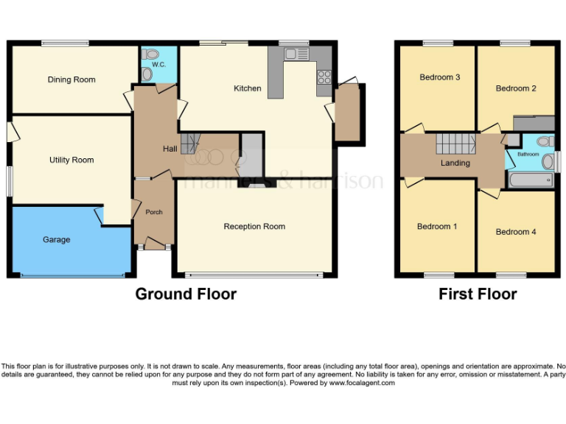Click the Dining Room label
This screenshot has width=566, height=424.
coord(71,79)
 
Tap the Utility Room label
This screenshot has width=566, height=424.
coord(71,160)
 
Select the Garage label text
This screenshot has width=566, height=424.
coord(56,239)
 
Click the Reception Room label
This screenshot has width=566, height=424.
coord(254,226)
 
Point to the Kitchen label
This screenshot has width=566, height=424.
coord(247,88)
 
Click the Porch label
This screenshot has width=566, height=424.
coord(154,212)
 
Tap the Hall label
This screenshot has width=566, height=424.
coord(170,149)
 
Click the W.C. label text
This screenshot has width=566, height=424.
coord(158,65)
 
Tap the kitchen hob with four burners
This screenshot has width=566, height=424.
coord(324,77)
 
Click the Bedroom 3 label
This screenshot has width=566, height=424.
coord(440,77)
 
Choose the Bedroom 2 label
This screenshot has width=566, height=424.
coord(515,88)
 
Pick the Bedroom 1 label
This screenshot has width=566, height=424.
coord(437,226)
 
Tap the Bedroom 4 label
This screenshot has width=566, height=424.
coord(515,232)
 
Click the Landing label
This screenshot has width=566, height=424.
coord(455,163)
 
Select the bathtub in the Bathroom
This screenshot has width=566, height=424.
coord(530,180)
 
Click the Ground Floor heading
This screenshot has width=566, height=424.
coord(186,294)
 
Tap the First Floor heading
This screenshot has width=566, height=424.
coord(478,294)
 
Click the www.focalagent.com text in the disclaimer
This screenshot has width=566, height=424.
coord(362,383)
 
